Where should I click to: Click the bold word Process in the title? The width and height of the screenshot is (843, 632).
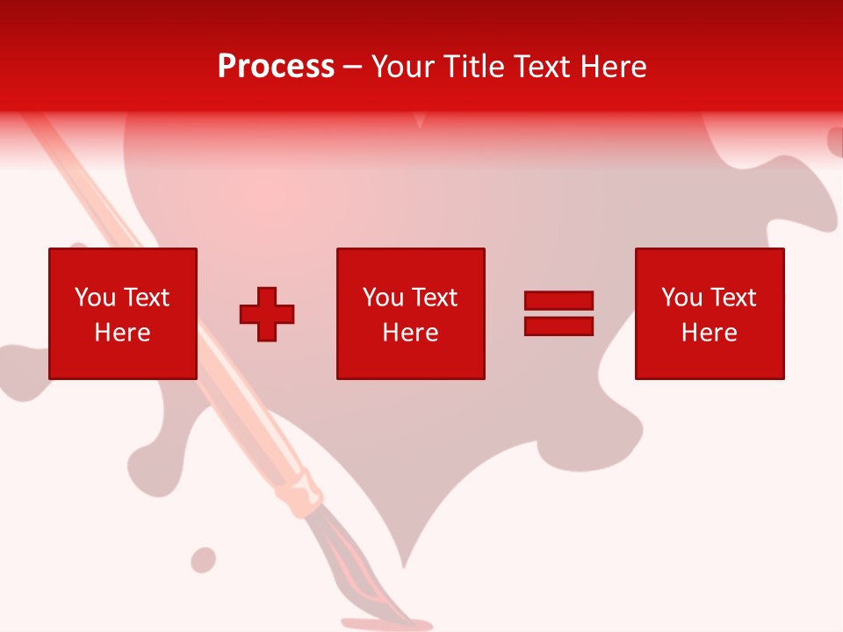point(276,67)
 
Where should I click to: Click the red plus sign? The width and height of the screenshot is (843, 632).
point(267,314)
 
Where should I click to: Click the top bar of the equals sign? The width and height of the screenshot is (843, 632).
point(558,301)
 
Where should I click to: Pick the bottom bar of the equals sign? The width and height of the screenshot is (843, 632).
point(558,326)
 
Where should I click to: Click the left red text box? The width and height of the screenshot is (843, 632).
point(122,313)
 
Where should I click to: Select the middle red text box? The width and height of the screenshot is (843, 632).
point(410,313)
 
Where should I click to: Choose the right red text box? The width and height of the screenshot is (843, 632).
point(709,313)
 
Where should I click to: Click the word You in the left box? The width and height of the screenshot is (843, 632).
point(94,298)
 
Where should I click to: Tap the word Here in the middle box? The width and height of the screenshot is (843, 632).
point(410,333)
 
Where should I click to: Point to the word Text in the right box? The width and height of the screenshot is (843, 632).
point(733,298)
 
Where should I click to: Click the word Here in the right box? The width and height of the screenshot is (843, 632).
point(709,333)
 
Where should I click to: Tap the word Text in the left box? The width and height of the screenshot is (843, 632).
point(146,298)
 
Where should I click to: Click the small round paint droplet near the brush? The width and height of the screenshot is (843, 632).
point(203,559)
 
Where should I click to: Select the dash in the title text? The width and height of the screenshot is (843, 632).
point(352,67)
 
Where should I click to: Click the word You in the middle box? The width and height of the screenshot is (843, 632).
point(382,298)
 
